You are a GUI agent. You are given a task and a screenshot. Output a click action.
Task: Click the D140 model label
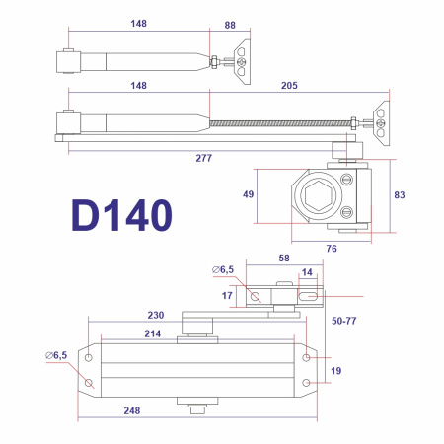[x=121, y=214]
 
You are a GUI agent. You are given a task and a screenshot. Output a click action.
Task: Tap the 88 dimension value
[x=230, y=25]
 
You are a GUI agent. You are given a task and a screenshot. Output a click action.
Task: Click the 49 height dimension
[x=248, y=194]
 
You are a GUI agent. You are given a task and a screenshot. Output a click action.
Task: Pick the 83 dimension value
[x=400, y=195]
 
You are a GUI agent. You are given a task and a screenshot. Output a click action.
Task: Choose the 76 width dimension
[x=332, y=249]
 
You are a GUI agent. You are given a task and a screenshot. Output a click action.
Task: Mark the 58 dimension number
[x=283, y=258]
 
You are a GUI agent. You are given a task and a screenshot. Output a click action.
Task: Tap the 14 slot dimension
[x=307, y=271]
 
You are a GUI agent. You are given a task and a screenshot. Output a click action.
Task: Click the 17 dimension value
[x=227, y=294]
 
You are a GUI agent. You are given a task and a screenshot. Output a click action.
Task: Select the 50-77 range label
[x=343, y=321]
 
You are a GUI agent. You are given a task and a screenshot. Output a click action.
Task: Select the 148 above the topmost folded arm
[x=138, y=25]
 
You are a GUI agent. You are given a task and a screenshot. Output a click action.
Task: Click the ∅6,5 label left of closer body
[x=57, y=354]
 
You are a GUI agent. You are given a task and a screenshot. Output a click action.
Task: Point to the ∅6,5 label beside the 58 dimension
[x=223, y=268]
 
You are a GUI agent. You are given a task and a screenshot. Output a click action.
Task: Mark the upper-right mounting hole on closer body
[x=306, y=357]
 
